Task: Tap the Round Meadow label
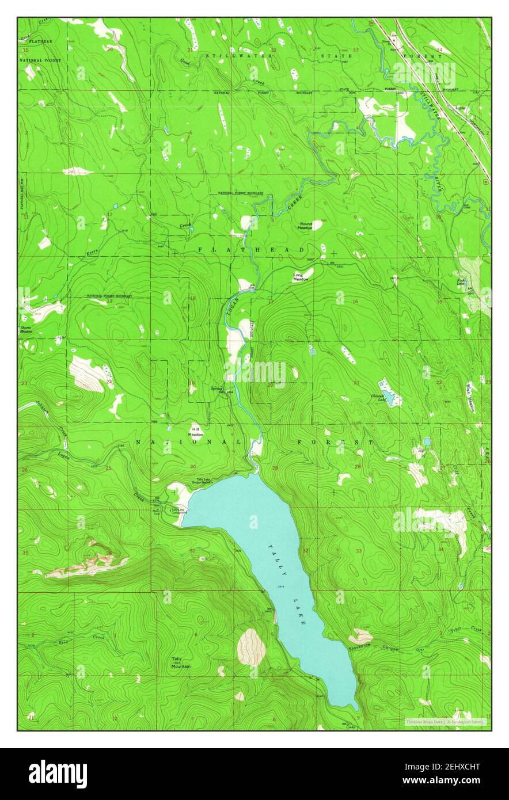pyautogui.click(x=305, y=226)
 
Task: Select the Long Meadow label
pyautogui.click(x=301, y=277)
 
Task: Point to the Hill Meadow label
pyautogui.click(x=196, y=432)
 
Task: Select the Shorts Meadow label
pyautogui.click(x=26, y=330)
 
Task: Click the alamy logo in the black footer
pyautogui.click(x=58, y=774)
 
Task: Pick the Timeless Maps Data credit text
pyautogui.click(x=445, y=721)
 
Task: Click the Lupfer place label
pyautogui.click(x=460, y=108)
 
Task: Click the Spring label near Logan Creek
pyautogui.click(x=216, y=388)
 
